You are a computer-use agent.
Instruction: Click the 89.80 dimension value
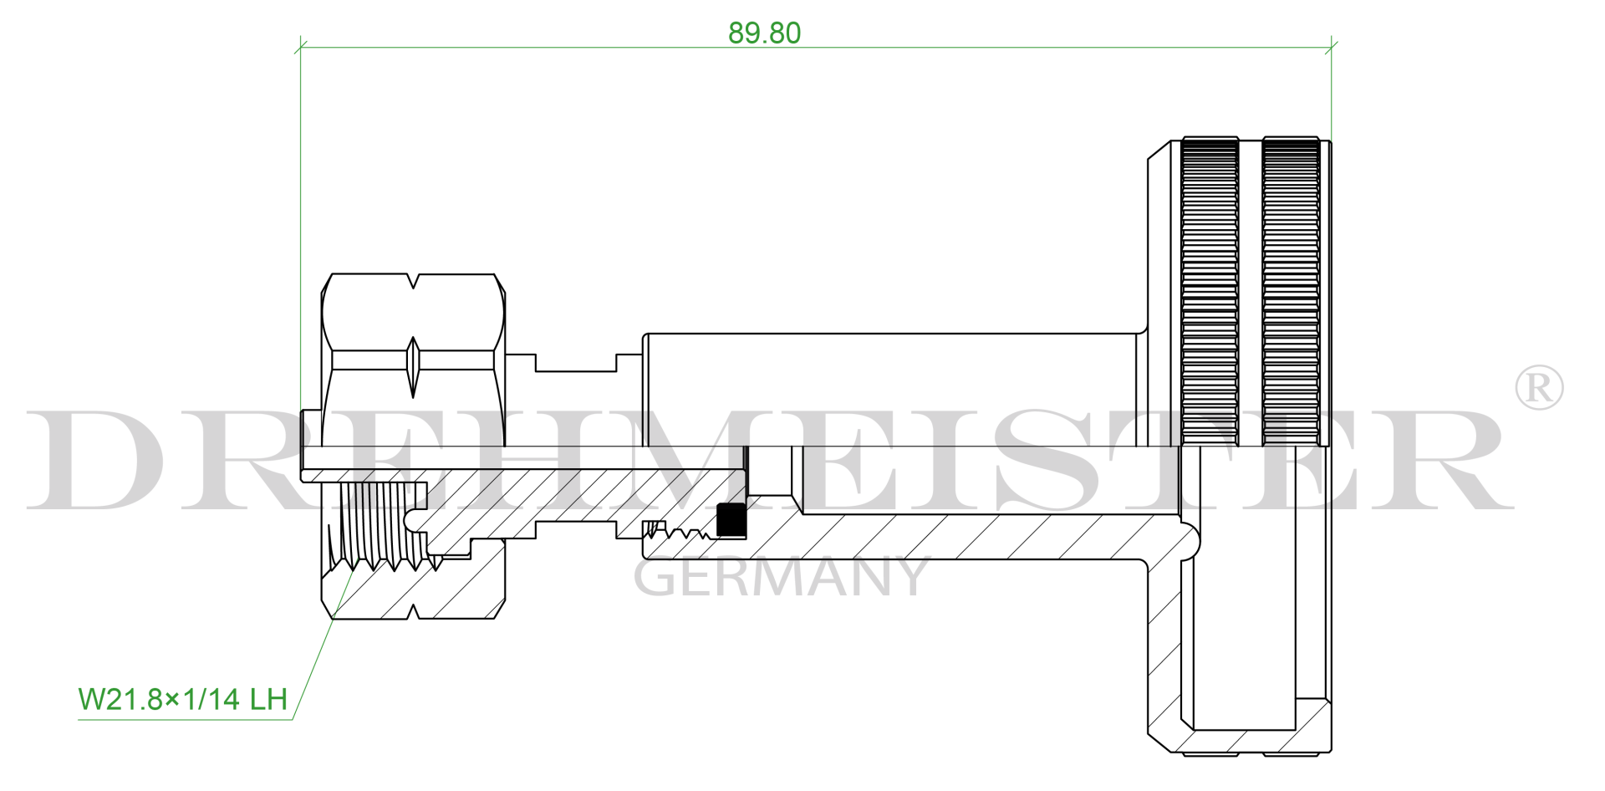764,33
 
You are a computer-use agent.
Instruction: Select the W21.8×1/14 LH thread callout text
183,699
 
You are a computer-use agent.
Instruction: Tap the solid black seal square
731,520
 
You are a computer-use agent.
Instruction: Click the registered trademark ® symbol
1538,387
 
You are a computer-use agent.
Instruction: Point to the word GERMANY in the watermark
781,577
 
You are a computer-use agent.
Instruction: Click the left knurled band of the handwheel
1210,293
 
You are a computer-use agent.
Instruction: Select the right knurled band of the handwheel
1291,293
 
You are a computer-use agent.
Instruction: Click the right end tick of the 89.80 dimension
1332,47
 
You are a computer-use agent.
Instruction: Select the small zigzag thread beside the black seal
685,532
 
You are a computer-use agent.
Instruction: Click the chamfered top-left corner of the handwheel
1159,151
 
